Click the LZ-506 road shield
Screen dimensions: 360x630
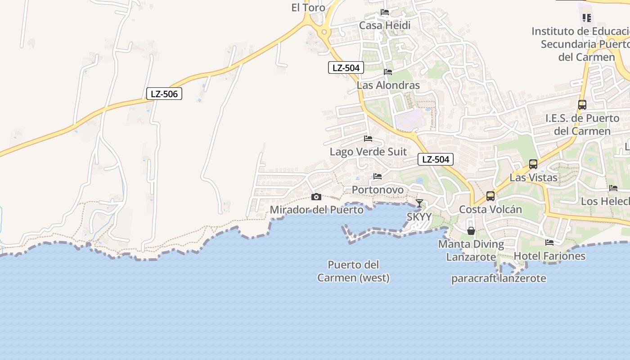click(164, 94)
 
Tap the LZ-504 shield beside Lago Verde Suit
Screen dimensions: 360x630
click(435, 159)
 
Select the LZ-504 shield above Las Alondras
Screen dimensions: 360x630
click(346, 67)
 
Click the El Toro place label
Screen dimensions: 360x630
click(308, 8)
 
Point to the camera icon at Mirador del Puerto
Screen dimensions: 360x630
click(316, 197)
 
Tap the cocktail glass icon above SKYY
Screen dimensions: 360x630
click(419, 203)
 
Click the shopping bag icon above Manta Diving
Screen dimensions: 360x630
click(471, 231)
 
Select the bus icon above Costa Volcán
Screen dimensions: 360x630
click(490, 196)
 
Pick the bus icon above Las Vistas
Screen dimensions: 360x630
click(533, 164)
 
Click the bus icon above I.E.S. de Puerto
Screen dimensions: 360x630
click(582, 105)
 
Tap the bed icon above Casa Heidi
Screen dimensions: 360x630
click(385, 12)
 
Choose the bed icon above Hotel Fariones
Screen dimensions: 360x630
click(549, 242)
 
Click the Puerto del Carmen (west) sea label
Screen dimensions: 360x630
click(353, 271)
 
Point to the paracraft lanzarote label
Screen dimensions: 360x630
click(499, 278)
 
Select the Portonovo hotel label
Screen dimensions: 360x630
click(378, 189)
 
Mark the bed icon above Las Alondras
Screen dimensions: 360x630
click(388, 72)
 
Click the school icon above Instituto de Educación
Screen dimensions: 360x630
click(587, 18)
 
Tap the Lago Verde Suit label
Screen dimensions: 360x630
click(368, 152)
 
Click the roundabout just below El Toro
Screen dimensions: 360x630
click(324, 32)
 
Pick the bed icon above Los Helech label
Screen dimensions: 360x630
click(613, 188)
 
